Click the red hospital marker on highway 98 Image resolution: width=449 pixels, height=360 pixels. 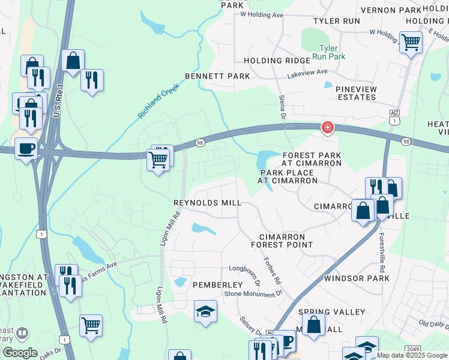(x=327, y=127)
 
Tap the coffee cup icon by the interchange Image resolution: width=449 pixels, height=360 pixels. (x=26, y=148)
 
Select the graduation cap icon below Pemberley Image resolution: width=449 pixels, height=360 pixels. (x=205, y=311)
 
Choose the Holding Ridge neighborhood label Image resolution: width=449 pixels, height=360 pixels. (x=271, y=61)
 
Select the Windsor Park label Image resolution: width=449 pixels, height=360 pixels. (x=357, y=278)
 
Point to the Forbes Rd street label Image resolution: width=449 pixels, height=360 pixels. (x=272, y=271)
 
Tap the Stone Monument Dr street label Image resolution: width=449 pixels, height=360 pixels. (x=253, y=293)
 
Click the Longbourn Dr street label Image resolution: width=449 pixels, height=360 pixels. (x=244, y=273)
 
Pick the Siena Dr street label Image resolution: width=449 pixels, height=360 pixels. (x=281, y=106)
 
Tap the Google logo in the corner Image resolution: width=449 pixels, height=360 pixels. (x=20, y=353)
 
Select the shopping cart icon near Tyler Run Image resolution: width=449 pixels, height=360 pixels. (x=411, y=42)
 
